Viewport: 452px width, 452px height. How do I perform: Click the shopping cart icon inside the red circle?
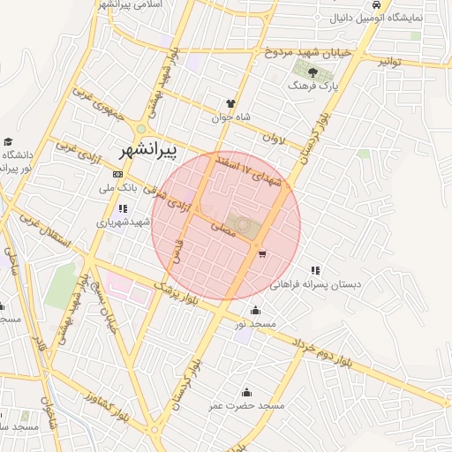point(262,254)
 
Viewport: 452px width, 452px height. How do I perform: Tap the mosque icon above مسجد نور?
point(255,310)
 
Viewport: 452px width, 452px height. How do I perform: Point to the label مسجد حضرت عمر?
point(246,405)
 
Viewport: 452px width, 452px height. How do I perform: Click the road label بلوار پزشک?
point(177,294)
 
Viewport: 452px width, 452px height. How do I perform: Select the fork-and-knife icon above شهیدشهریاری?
point(122,209)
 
